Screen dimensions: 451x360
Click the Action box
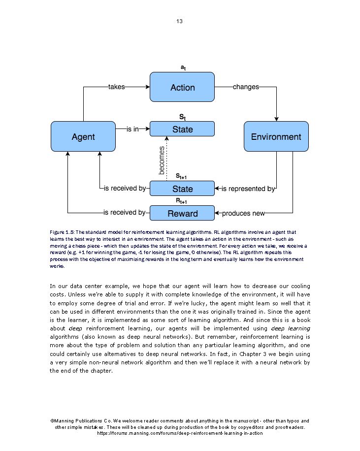[182, 87]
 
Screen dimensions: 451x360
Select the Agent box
[83, 136]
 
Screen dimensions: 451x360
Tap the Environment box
[276, 136]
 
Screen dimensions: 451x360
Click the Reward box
[182, 213]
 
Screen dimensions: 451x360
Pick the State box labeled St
[182, 129]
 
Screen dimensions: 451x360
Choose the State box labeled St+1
[182, 189]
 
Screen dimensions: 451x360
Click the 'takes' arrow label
[116, 87]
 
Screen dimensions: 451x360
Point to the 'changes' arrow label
[246, 87]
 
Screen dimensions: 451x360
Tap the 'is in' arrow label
[132, 129]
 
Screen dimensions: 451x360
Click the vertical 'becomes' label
[162, 160]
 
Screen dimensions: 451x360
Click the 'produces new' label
[243, 213]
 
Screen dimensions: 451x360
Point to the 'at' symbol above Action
[183, 67]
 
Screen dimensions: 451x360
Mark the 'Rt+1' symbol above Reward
[182, 201]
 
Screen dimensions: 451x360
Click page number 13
[179, 21]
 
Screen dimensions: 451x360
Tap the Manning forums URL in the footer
[180, 433]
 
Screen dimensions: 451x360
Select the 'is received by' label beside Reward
[124, 213]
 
